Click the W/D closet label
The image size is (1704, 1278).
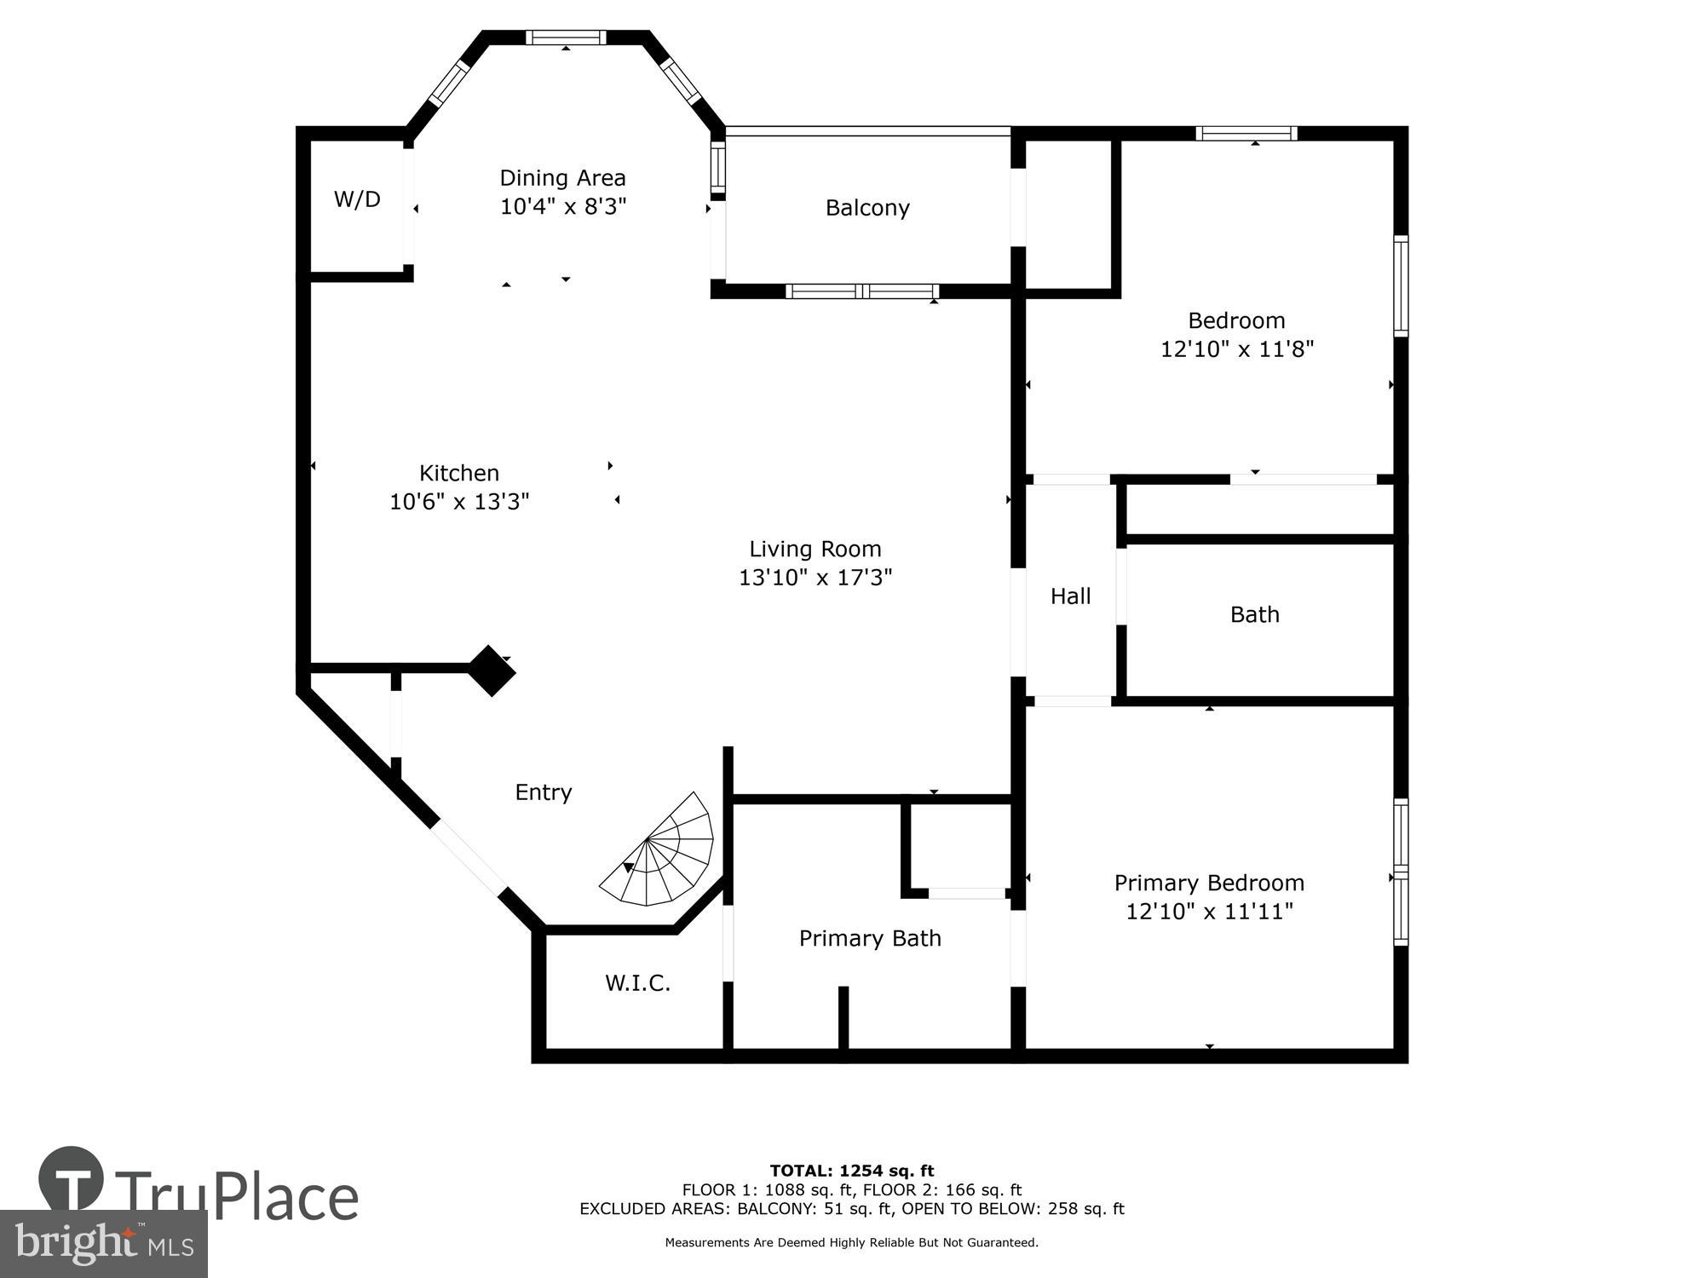tap(357, 199)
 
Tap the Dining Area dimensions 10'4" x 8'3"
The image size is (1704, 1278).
tap(562, 207)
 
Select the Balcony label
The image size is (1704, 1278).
tap(867, 208)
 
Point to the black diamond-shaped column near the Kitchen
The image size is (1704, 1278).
tap(492, 671)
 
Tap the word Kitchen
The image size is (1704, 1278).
tap(458, 473)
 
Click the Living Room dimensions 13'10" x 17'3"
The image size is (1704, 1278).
tap(815, 578)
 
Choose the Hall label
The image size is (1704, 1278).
tap(1070, 596)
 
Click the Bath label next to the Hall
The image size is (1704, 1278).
tap(1254, 614)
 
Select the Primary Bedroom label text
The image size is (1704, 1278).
tap(1209, 883)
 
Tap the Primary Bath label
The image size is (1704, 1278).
tap(870, 938)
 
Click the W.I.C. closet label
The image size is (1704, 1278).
tap(637, 983)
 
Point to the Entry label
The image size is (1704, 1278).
tap(543, 792)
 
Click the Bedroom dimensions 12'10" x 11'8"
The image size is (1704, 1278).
tap(1236, 349)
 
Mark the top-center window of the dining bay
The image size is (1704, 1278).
tap(566, 37)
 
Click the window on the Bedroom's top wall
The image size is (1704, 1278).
tap(1246, 133)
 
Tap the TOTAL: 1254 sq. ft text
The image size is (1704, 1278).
tap(851, 1171)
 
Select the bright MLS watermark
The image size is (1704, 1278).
tap(103, 1244)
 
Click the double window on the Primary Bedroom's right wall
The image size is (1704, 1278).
tap(1400, 872)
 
